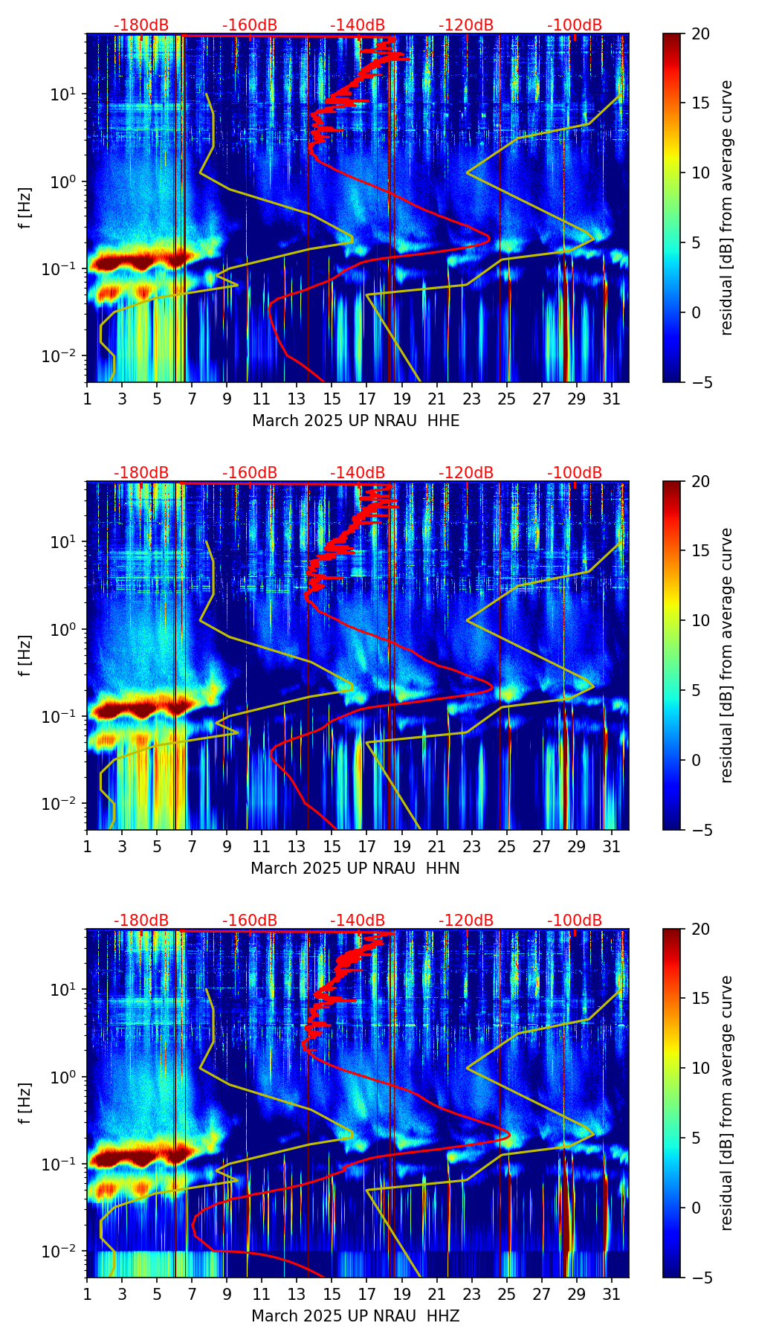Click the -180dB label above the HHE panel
pyautogui.click(x=141, y=25)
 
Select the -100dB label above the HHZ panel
pyautogui.click(x=575, y=921)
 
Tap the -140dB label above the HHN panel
pyautogui.click(x=358, y=473)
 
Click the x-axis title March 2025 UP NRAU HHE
pyautogui.click(x=355, y=421)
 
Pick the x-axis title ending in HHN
pyautogui.click(x=355, y=869)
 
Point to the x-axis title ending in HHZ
pyautogui.click(x=355, y=1316)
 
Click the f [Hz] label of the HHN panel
pyautogui.click(x=25, y=655)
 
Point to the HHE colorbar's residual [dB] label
pyautogui.click(x=727, y=207)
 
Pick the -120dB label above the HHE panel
pyautogui.click(x=466, y=25)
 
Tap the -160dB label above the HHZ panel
pyautogui.click(x=250, y=921)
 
